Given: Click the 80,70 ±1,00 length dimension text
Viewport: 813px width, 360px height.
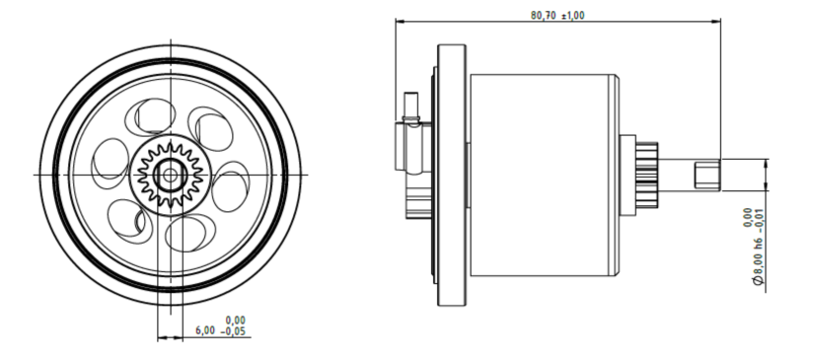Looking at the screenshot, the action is coord(557,15).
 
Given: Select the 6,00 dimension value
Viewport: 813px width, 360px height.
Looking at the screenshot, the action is coord(205,330).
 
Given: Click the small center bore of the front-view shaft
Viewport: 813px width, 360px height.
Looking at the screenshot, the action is coord(170,176).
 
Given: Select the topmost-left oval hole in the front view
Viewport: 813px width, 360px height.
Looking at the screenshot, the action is coord(150,117).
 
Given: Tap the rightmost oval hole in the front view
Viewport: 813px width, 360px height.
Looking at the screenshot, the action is coord(231,186).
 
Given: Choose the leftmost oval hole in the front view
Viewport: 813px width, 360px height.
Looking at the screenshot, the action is coord(110,163).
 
